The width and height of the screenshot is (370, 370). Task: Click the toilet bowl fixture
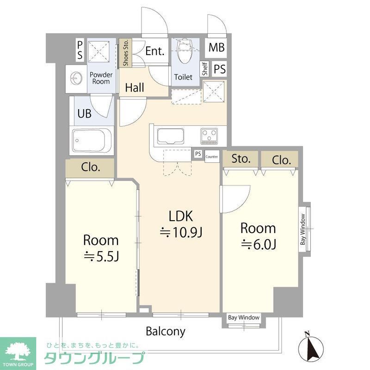pos(184,54)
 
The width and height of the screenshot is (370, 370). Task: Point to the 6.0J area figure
pos(258,245)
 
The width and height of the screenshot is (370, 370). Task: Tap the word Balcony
pos(166,331)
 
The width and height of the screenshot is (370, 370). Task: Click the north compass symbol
pos(310,347)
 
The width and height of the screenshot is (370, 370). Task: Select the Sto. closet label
pos(241,160)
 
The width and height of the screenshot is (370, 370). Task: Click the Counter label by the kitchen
pos(212,156)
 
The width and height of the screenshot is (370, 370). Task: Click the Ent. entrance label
pos(155,51)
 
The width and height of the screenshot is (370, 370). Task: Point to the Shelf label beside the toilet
pos(204,69)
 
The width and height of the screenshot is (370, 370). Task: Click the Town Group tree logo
pos(18,351)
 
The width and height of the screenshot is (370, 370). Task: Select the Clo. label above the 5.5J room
pos(91,167)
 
